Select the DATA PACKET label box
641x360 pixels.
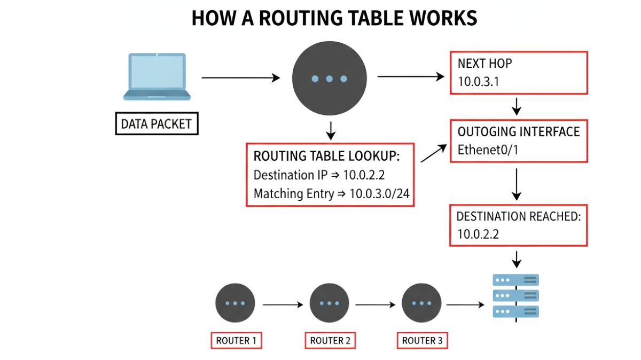[x=157, y=124]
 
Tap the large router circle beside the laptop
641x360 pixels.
[x=329, y=79]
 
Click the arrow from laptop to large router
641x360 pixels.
[x=240, y=78]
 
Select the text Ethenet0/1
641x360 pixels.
[x=488, y=150]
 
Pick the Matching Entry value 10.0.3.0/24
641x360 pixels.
[x=379, y=193]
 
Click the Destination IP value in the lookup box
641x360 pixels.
[x=379, y=175]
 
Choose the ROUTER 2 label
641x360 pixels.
[x=330, y=340]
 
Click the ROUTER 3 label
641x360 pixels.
[x=422, y=340]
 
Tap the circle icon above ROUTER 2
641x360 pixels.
[x=330, y=303]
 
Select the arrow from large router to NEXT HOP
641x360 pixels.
[x=411, y=77]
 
